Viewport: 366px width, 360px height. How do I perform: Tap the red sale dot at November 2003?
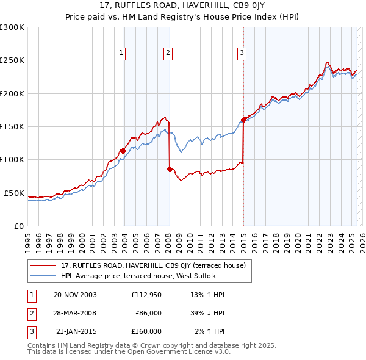pyautogui.click(x=123, y=151)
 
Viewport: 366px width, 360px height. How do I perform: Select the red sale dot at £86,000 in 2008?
pyautogui.click(x=170, y=168)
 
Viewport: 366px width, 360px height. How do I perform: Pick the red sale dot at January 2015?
pyautogui.click(x=243, y=120)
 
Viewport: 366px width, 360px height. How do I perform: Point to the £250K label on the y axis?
pyautogui.click(x=12, y=60)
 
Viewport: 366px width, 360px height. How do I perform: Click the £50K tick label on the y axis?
pyautogui.click(x=14, y=193)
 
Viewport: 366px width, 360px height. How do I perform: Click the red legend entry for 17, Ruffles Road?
pyautogui.click(x=152, y=265)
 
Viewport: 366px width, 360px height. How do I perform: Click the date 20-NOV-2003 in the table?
pyautogui.click(x=75, y=295)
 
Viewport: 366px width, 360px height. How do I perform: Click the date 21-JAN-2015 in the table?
pyautogui.click(x=76, y=331)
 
